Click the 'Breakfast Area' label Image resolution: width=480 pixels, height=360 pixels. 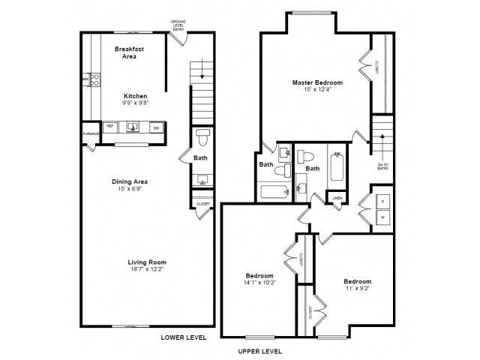tap(129, 52)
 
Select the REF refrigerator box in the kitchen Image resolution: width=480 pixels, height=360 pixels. tap(109, 127)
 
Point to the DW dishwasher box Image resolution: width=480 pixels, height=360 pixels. tap(156, 127)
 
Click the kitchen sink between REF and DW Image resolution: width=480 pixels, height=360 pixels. tap(133, 127)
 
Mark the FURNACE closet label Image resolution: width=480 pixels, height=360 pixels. tap(90, 134)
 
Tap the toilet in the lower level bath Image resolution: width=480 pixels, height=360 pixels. tap(202, 139)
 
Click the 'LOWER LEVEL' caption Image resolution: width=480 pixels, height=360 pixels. tap(183, 337)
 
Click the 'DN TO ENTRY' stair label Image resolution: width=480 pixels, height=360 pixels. tap(382, 166)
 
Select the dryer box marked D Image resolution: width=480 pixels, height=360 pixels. tap(382, 202)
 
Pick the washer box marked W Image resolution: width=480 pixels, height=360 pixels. tap(382, 217)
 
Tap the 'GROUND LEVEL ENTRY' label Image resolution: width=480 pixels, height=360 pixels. tap(178, 24)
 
